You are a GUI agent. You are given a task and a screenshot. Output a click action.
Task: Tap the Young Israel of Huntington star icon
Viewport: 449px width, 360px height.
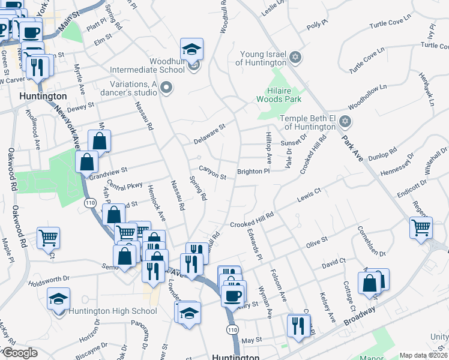point(294,58)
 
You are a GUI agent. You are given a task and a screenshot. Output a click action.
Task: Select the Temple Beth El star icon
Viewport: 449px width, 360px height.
point(344,122)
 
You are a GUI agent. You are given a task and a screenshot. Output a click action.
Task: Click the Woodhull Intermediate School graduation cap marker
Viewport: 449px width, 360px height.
point(192,49)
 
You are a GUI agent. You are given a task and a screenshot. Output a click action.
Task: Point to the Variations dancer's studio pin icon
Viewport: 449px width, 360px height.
point(167,89)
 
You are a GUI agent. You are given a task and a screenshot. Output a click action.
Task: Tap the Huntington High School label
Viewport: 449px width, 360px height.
point(113,311)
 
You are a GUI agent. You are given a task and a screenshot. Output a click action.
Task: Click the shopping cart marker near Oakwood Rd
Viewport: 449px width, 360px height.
point(48,238)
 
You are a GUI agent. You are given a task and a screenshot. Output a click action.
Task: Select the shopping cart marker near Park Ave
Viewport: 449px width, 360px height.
point(421,227)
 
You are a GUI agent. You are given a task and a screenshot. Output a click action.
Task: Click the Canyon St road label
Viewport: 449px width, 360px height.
point(212,176)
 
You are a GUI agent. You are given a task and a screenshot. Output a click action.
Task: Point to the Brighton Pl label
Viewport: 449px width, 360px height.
point(253,172)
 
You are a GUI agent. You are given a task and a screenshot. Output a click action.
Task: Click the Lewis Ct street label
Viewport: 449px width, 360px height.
point(310,195)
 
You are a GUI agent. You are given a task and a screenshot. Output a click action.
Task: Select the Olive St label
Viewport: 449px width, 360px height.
point(316,242)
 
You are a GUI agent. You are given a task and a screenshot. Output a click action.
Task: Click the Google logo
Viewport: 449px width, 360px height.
point(20,353)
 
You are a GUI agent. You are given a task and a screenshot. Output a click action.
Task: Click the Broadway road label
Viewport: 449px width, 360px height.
point(360,316)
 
